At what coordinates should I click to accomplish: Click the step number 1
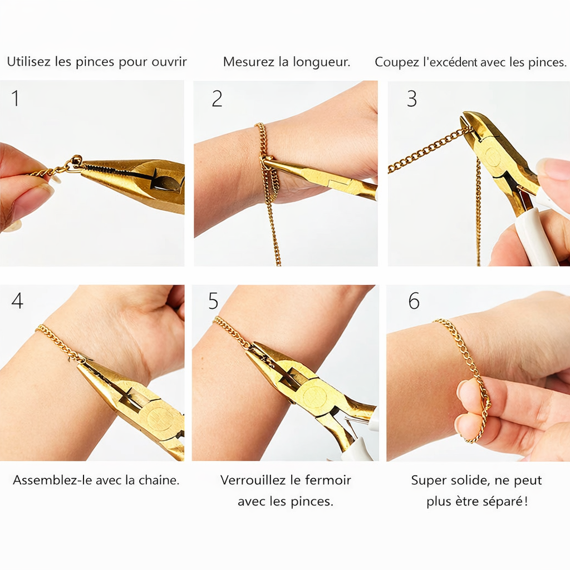[x=15, y=99]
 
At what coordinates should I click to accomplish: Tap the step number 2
[x=217, y=99]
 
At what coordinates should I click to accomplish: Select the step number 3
[x=411, y=99]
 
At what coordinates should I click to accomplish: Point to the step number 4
[x=17, y=301]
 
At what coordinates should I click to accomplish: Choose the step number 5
[x=213, y=301]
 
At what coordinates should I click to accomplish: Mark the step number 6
[x=414, y=301]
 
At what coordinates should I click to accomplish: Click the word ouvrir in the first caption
[x=169, y=62]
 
